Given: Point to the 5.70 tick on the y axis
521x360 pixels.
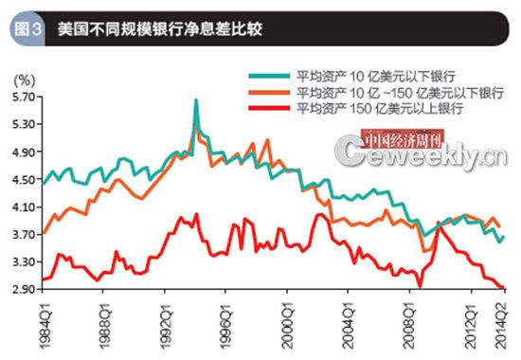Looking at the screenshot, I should point(24,97).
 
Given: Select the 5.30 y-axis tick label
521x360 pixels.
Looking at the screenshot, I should point(24,124).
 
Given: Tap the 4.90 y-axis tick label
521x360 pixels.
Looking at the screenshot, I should point(24,152).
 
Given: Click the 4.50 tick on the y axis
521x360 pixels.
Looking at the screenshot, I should point(24,179).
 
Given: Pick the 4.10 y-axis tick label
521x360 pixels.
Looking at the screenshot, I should point(24,207).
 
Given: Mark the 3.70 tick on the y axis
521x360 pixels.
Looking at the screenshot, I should point(24,234).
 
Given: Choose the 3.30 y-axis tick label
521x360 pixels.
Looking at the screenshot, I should point(24,261).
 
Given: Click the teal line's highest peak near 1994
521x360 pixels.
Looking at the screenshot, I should point(196,99).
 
